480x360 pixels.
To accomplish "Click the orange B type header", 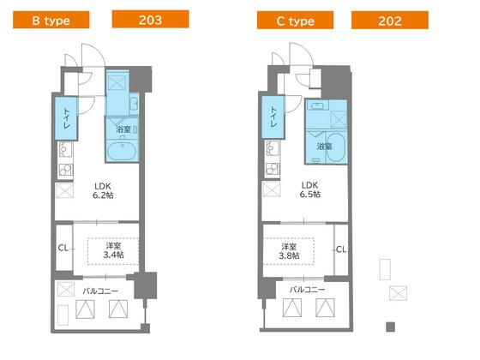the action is click(x=51, y=20).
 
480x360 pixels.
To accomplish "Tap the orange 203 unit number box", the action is click(x=150, y=19).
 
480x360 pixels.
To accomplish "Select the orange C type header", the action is click(x=295, y=21).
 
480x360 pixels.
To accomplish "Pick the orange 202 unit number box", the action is click(x=390, y=21).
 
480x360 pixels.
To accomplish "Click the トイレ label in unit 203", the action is click(x=67, y=118).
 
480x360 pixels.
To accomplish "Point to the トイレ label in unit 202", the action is click(x=273, y=117).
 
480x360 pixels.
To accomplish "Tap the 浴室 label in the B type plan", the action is click(x=123, y=129).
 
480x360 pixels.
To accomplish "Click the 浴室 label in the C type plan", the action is click(x=324, y=147).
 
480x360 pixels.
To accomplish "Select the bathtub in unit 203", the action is click(x=123, y=151).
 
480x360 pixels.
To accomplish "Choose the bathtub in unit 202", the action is click(x=336, y=147).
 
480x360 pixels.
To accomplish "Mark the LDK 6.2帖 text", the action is click(x=103, y=190).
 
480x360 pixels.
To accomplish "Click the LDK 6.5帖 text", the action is click(x=309, y=189).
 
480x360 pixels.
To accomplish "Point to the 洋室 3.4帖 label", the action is click(x=113, y=250).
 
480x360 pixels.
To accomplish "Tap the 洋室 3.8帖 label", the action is click(x=289, y=251).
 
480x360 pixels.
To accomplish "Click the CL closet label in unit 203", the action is click(x=63, y=248).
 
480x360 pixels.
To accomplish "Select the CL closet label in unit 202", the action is click(x=341, y=249).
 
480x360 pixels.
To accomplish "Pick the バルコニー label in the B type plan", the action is click(x=100, y=291).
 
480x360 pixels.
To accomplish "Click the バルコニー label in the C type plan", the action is click(x=308, y=290).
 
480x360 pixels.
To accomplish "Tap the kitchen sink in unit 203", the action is click(x=65, y=149).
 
